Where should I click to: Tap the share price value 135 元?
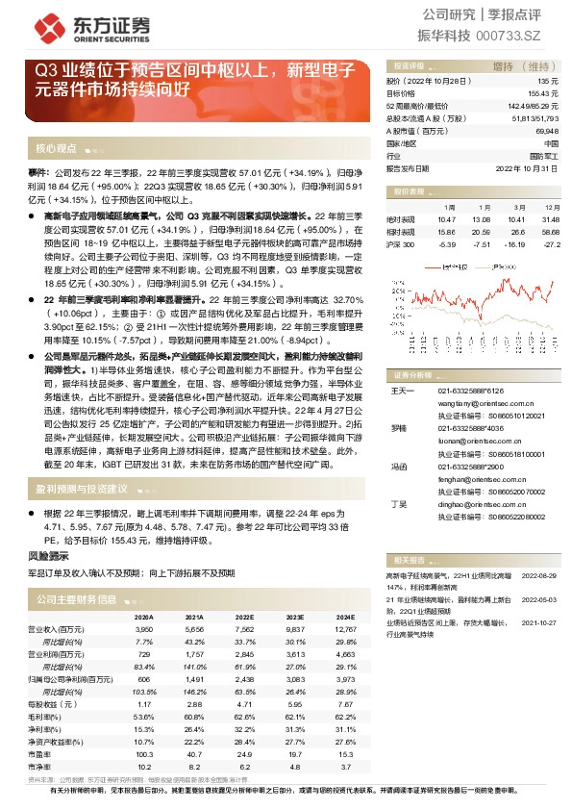click(548, 83)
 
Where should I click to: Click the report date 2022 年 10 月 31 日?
click(527, 167)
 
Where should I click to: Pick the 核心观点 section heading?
click(56, 149)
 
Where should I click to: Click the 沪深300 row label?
click(400, 244)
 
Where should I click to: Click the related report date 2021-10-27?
click(538, 621)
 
